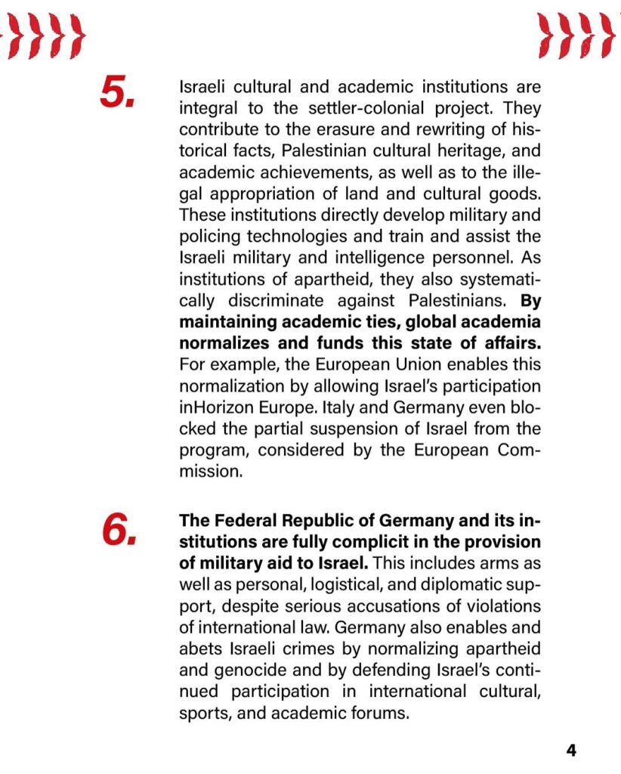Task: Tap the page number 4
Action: [571, 751]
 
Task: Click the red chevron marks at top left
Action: [44, 36]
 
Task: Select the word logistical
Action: [313, 585]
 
